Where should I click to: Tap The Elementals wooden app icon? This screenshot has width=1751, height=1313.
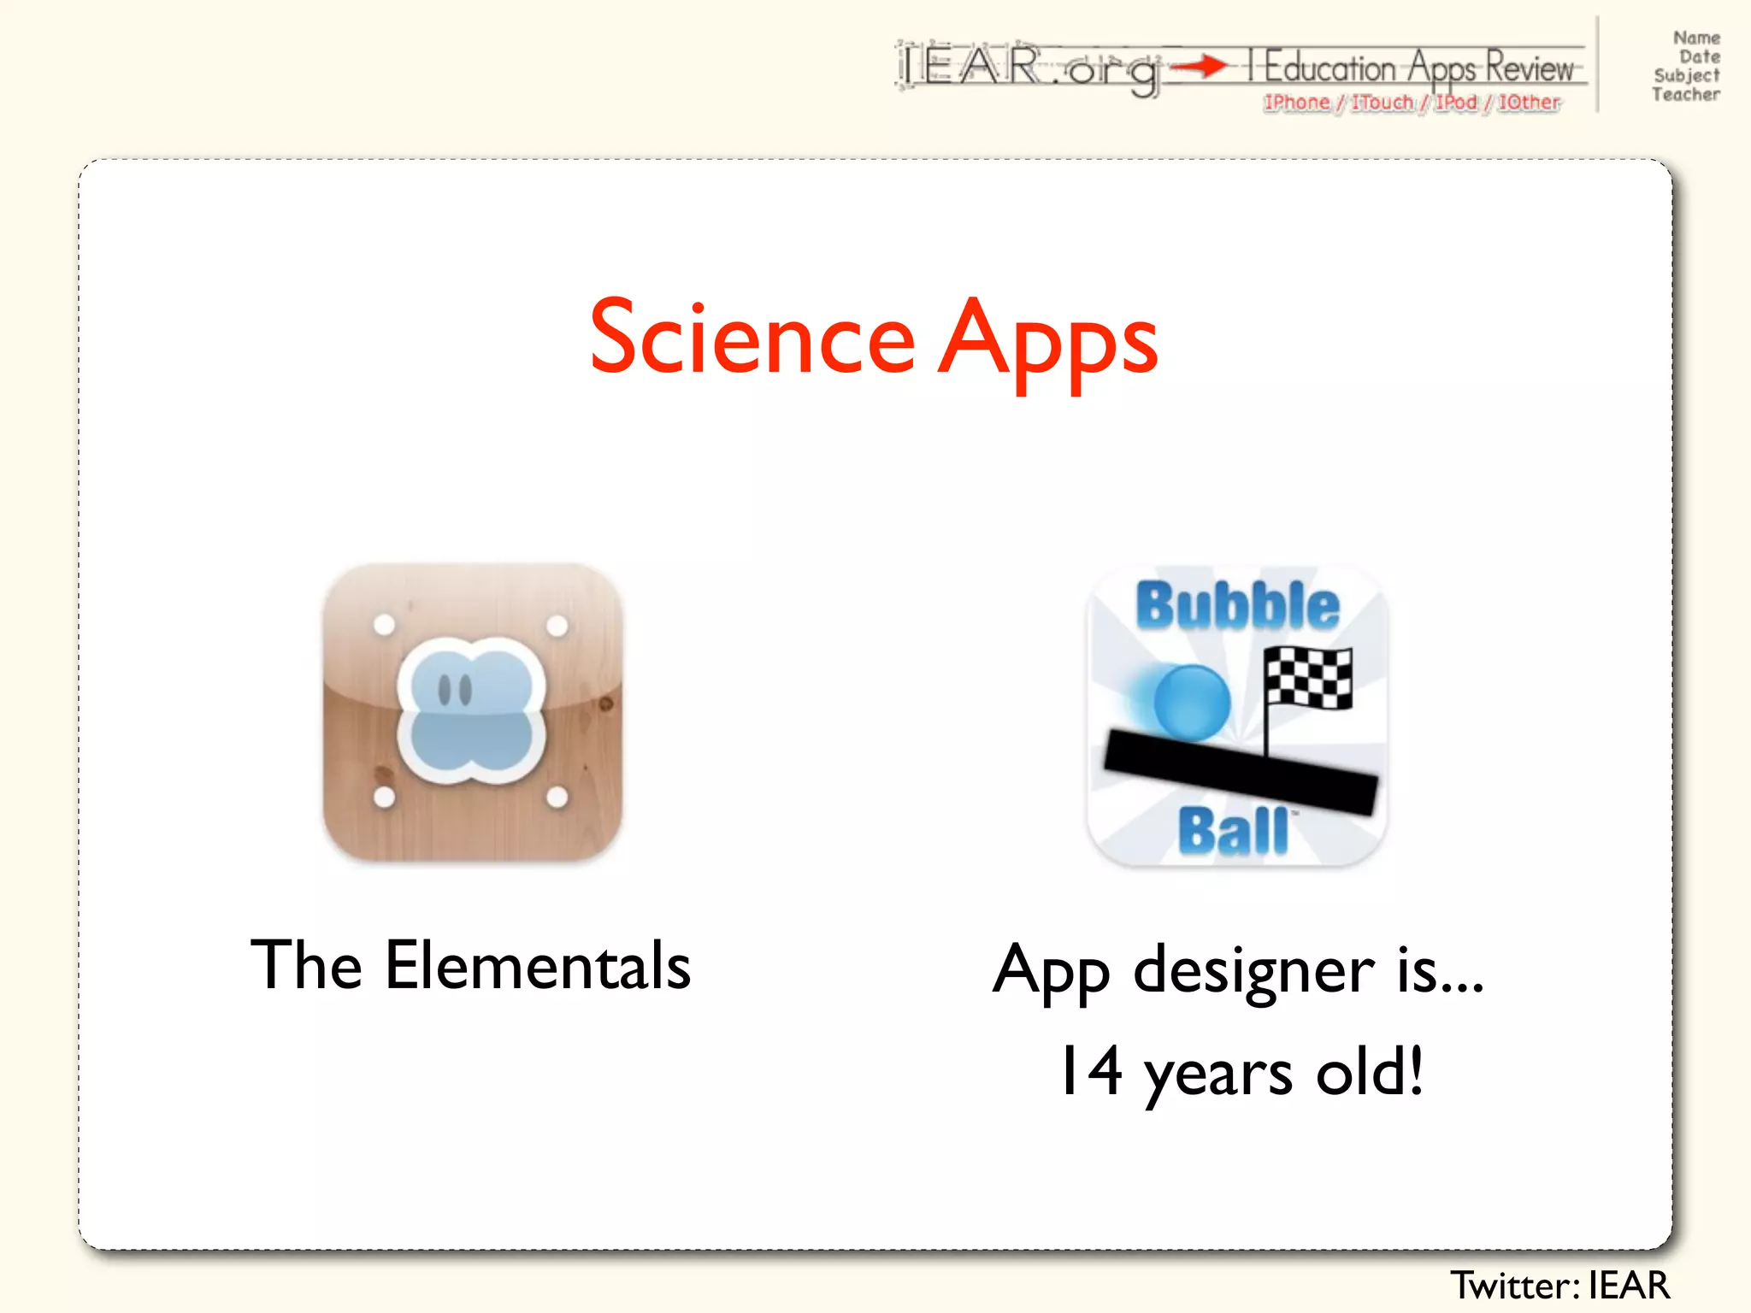tap(472, 712)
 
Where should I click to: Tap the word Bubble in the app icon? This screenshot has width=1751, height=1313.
tap(1236, 606)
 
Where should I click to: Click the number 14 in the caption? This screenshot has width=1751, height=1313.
tap(1090, 1071)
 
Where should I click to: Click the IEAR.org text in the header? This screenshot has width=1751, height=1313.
tap(1030, 67)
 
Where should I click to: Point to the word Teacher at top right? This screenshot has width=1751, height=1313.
tap(1685, 95)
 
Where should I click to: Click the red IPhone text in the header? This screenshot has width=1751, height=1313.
tap(1297, 103)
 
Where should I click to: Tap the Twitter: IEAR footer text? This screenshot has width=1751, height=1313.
tap(1559, 1285)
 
